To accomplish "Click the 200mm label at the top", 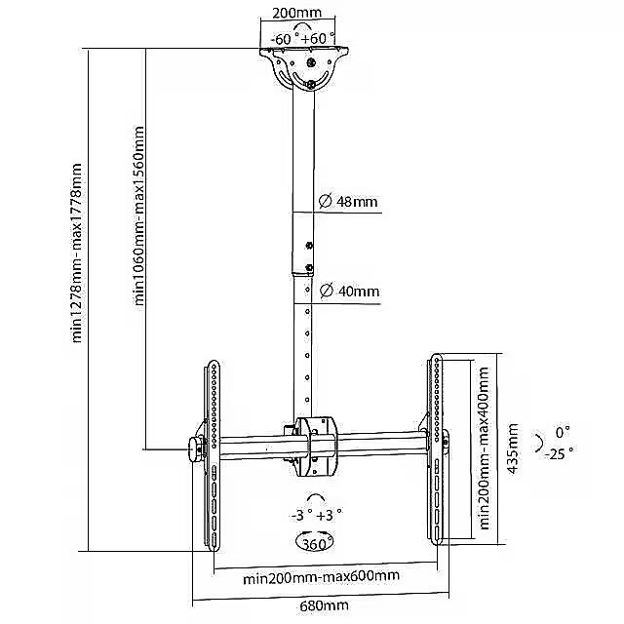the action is click(x=296, y=12).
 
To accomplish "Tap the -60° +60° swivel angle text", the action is click(x=303, y=39).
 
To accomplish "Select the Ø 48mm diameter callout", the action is click(x=348, y=202).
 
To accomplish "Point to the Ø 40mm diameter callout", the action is click(x=349, y=292).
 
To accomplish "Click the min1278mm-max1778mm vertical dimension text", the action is click(x=76, y=253).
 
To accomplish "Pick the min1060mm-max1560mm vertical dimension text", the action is click(x=138, y=216).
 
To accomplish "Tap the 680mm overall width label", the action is click(x=324, y=606).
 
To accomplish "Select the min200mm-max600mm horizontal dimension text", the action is click(x=321, y=576).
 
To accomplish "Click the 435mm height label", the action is click(x=513, y=448).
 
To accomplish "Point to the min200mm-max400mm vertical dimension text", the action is click(x=484, y=448).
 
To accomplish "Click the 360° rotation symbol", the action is click(x=314, y=542).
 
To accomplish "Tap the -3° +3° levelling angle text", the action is click(x=317, y=516).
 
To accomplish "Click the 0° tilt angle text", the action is click(x=563, y=432).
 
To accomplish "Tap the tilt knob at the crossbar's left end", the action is click(x=196, y=449).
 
